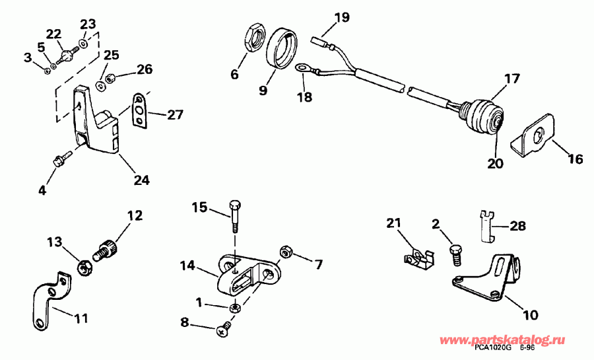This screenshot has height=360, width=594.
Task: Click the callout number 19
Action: [341, 18]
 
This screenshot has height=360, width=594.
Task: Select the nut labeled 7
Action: [287, 252]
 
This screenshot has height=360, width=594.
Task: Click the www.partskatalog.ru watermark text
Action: [511, 340]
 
